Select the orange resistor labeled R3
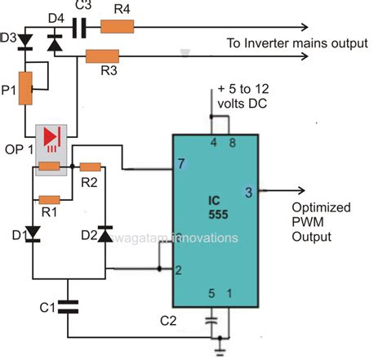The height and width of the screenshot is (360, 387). (x=101, y=57)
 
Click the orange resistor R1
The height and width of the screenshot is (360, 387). (x=50, y=198)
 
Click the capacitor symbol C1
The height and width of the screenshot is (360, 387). (x=69, y=306)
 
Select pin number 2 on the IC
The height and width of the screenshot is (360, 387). (x=180, y=268)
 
